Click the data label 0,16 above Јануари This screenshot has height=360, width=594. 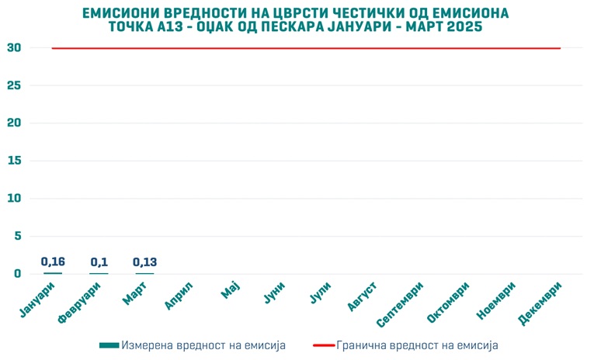[53, 262]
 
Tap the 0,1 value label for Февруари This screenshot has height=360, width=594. [99, 262]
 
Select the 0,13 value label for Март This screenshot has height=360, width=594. [144, 262]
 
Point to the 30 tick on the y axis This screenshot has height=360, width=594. [14, 48]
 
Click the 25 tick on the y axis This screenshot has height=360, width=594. [14, 85]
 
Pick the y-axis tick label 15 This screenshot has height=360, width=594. [14, 161]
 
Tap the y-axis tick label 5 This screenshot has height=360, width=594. [17, 236]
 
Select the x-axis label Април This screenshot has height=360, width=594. [179, 296]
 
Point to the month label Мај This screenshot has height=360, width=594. [231, 292]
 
